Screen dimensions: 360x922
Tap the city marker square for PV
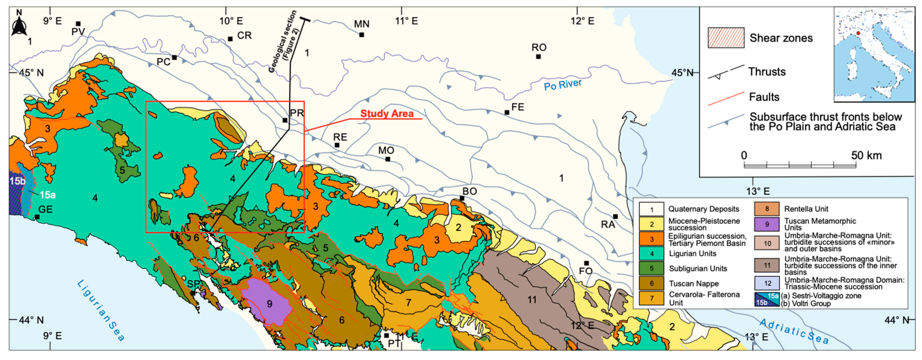[x=78, y=24]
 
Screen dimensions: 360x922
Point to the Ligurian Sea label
[x=101, y=310]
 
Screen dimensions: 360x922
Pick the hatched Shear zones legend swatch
[x=726, y=37]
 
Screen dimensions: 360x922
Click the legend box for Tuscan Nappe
[x=651, y=283]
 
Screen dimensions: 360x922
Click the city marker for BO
[x=462, y=198]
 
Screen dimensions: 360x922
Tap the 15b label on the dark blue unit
[x=17, y=181]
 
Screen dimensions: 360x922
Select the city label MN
[x=361, y=24]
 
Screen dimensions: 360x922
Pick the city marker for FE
[x=507, y=112]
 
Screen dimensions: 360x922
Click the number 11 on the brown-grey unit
[x=532, y=300]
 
